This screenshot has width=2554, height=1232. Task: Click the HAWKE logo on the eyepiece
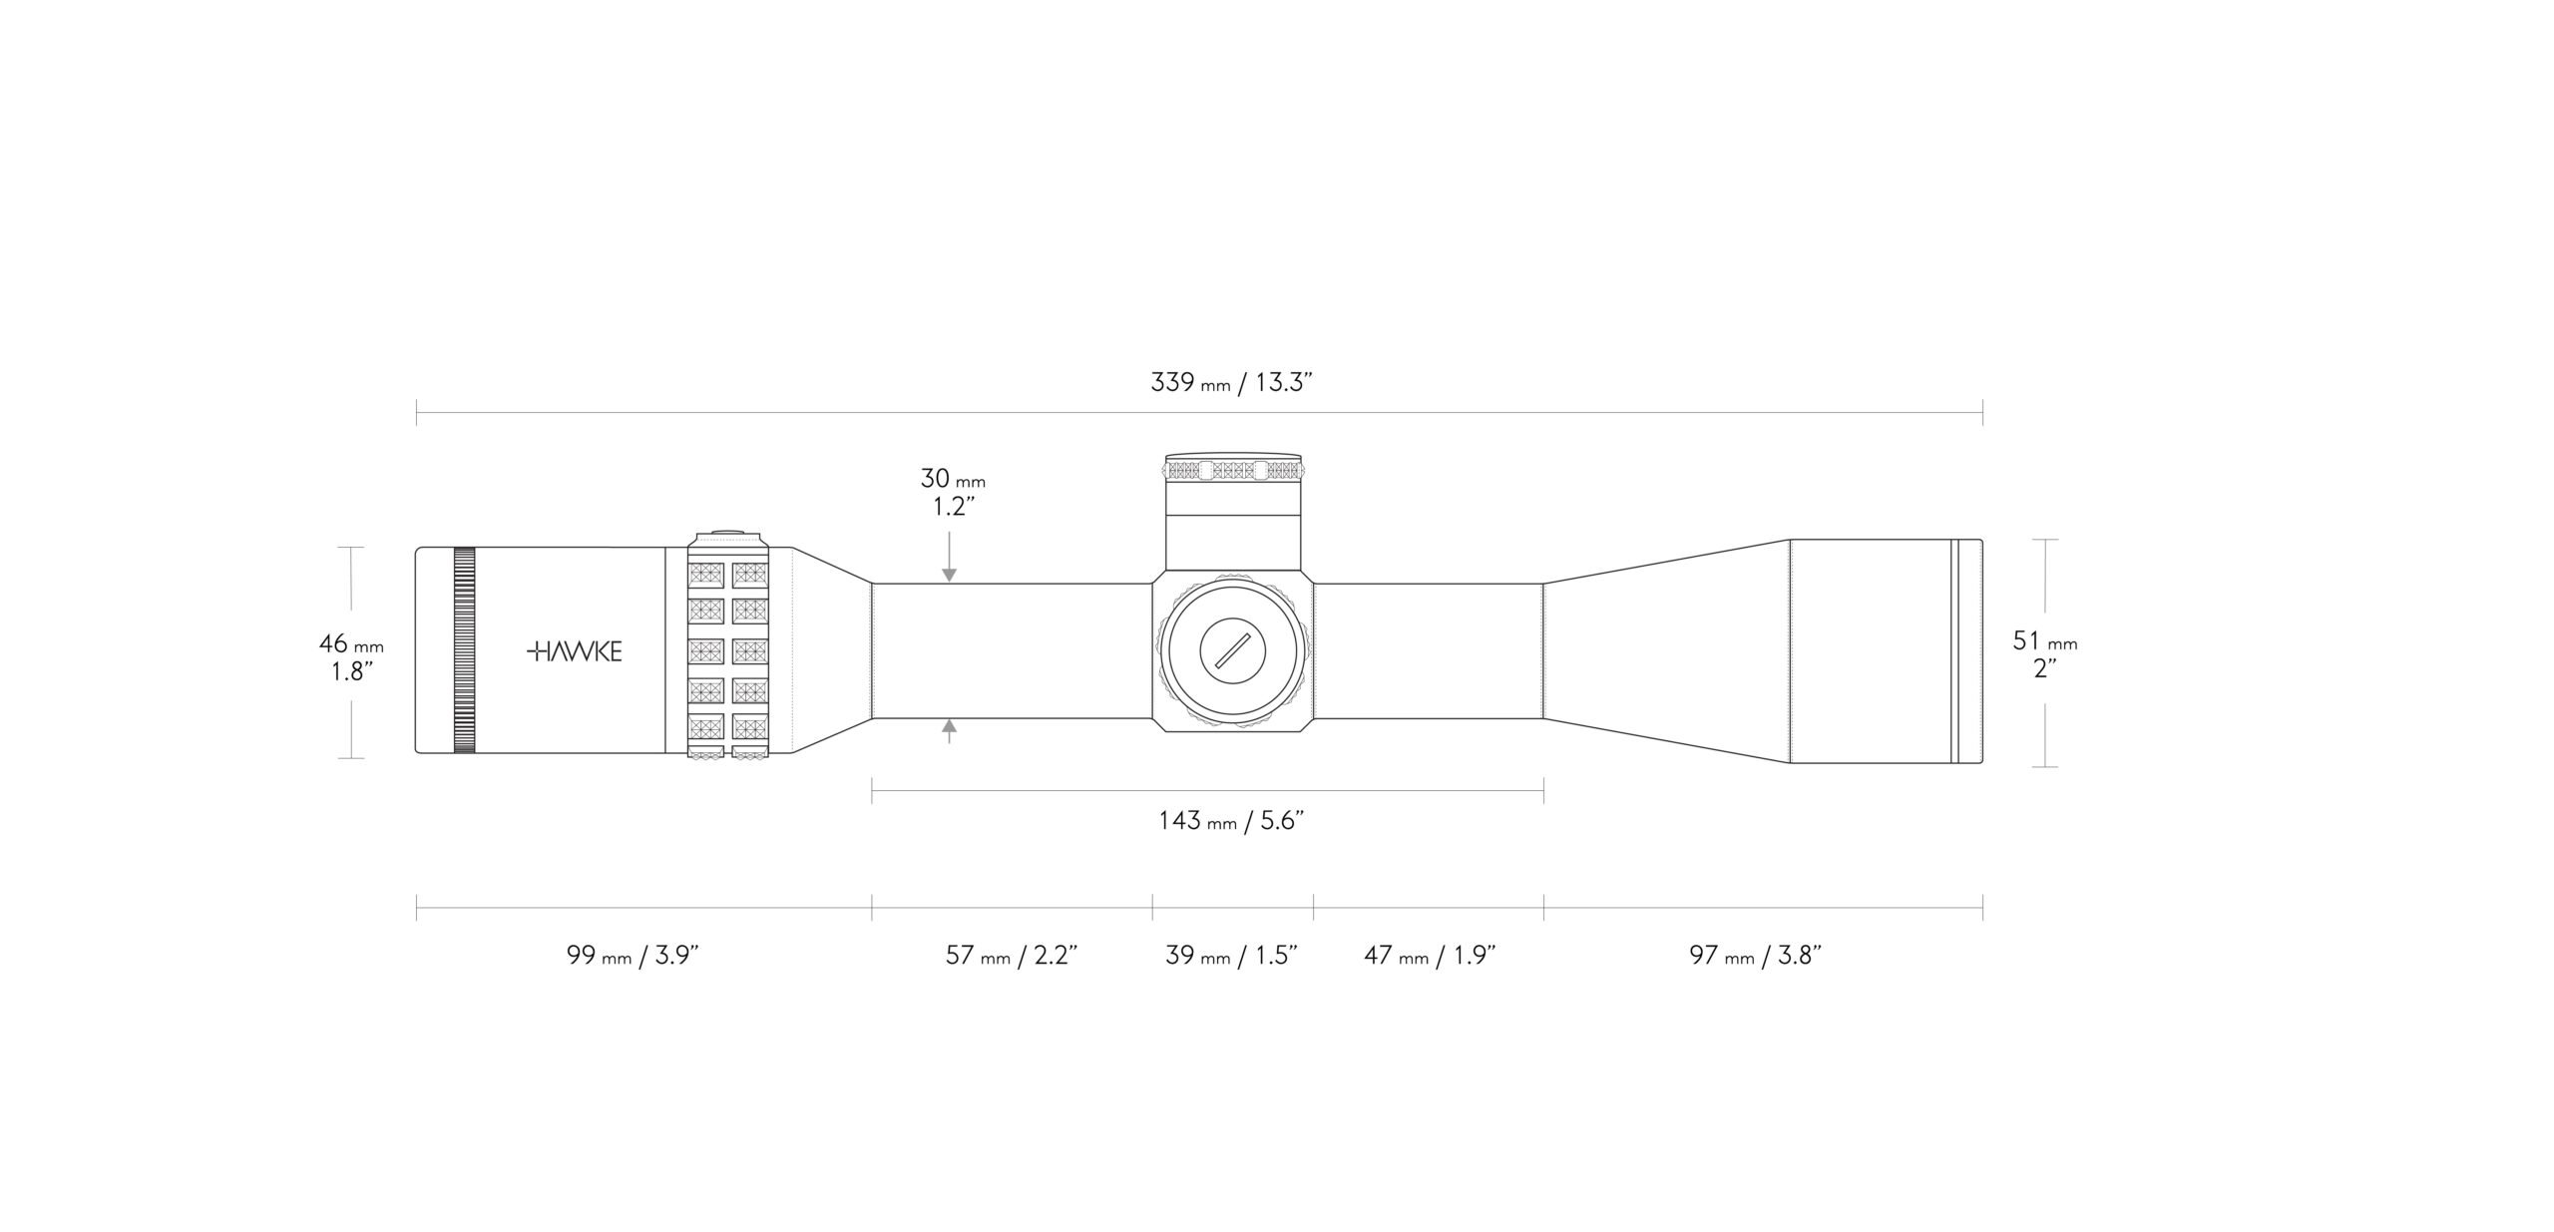[x=575, y=652]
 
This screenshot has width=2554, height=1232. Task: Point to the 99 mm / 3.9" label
[x=633, y=956]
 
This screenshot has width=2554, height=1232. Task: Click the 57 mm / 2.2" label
[x=1013, y=956]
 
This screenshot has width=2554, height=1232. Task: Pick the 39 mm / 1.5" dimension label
[x=1232, y=956]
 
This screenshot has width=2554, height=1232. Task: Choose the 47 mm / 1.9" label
[x=1430, y=956]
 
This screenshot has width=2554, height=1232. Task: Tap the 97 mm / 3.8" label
[x=1756, y=956]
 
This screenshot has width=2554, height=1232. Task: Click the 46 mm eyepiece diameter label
[x=351, y=657]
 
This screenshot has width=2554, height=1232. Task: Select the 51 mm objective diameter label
[x=2045, y=654]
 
